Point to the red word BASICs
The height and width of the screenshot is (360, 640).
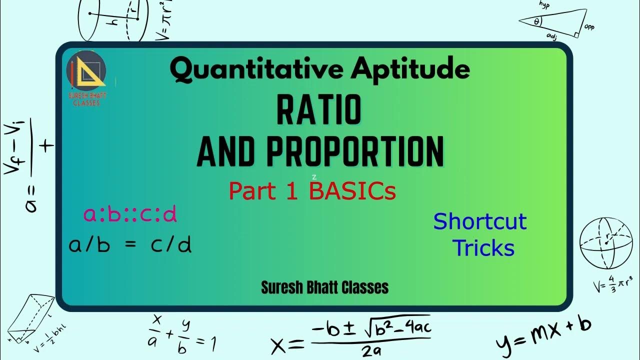click(x=353, y=191)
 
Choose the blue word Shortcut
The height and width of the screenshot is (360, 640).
click(x=480, y=221)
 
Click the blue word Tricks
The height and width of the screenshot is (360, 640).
click(x=483, y=248)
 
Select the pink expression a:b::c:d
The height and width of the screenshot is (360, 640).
click(x=130, y=214)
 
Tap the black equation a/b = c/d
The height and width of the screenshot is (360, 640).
click(x=130, y=245)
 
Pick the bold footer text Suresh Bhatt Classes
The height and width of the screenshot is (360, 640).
click(x=324, y=287)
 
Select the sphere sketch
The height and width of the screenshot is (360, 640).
click(x=605, y=243)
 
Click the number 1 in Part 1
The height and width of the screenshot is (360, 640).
click(x=295, y=191)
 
